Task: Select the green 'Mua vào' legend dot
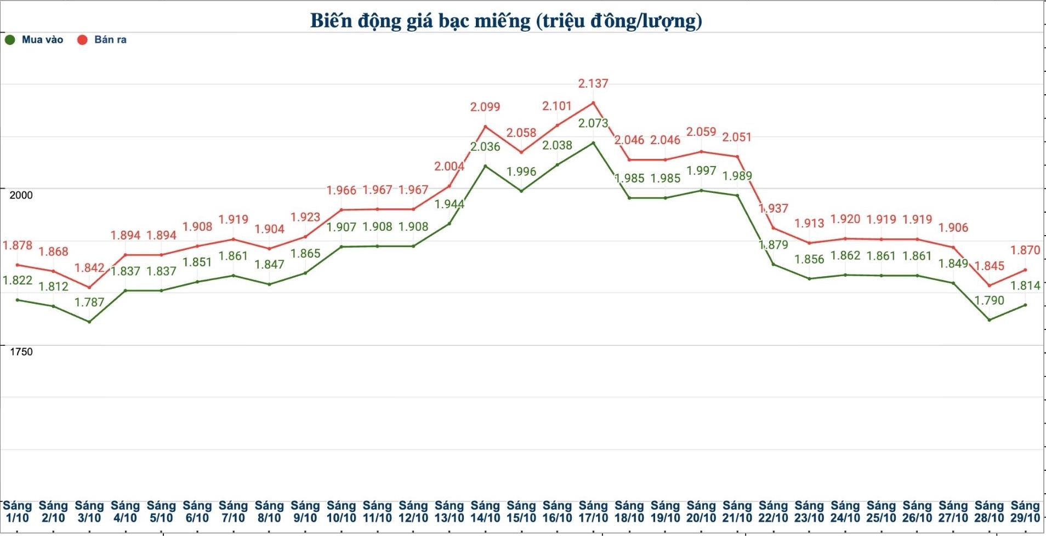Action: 10,39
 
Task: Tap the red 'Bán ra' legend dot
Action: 82,39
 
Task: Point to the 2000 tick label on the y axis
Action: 21,195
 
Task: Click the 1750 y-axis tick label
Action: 21,352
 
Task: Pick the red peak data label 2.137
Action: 593,84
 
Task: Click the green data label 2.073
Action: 593,123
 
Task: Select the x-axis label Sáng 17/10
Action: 593,512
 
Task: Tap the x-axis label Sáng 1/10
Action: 17,512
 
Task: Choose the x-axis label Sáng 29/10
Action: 1025,512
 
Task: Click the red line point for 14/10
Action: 485,127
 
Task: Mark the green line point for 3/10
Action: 89,322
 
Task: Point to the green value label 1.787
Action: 89,302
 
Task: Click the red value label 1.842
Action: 89,268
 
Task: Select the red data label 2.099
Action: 485,107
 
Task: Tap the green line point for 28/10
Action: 989,320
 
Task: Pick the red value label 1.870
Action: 1025,250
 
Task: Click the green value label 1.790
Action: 989,300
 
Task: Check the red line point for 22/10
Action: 774,228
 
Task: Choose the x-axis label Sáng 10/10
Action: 341,512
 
